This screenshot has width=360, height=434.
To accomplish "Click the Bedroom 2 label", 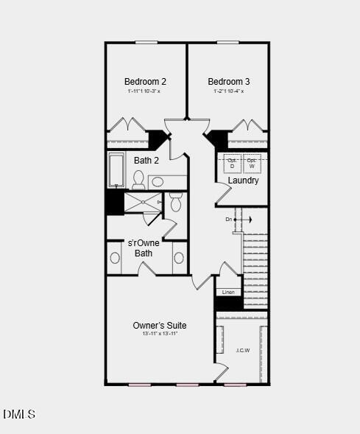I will (x=145, y=82).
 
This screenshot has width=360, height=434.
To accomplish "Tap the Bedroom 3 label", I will (x=228, y=82).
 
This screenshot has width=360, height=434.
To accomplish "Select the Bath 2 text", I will (x=146, y=160).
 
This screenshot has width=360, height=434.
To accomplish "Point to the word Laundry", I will (x=243, y=181).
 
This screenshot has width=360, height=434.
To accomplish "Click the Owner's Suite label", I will (x=159, y=325).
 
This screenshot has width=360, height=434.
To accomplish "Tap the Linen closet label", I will (x=228, y=293).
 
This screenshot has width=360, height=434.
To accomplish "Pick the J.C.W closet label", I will (x=242, y=350).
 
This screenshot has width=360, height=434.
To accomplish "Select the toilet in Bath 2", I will (x=138, y=179).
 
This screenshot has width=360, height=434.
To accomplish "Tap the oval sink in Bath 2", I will (x=158, y=181).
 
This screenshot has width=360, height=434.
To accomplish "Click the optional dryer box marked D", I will (x=232, y=163).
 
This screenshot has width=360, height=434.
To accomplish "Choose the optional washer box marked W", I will (x=252, y=163).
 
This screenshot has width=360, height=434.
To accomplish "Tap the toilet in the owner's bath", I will (x=175, y=203).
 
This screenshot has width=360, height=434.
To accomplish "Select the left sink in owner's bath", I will (x=115, y=258).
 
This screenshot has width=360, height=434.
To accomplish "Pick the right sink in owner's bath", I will (x=179, y=258).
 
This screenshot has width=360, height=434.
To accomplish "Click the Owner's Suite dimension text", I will (x=160, y=334).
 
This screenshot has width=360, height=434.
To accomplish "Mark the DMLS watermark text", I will (x=19, y=415).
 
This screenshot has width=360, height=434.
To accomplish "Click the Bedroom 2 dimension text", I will (x=144, y=91).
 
